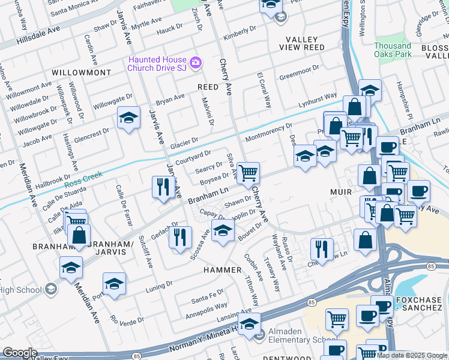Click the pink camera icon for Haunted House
[x=195, y=62]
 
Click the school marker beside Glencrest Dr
[x=128, y=119]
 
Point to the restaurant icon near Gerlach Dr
[x=178, y=239]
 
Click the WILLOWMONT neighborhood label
[x=81, y=72]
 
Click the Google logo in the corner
[x=19, y=353]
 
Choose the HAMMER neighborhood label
[x=221, y=270]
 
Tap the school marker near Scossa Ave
[x=223, y=230]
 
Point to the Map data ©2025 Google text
[x=412, y=355]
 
